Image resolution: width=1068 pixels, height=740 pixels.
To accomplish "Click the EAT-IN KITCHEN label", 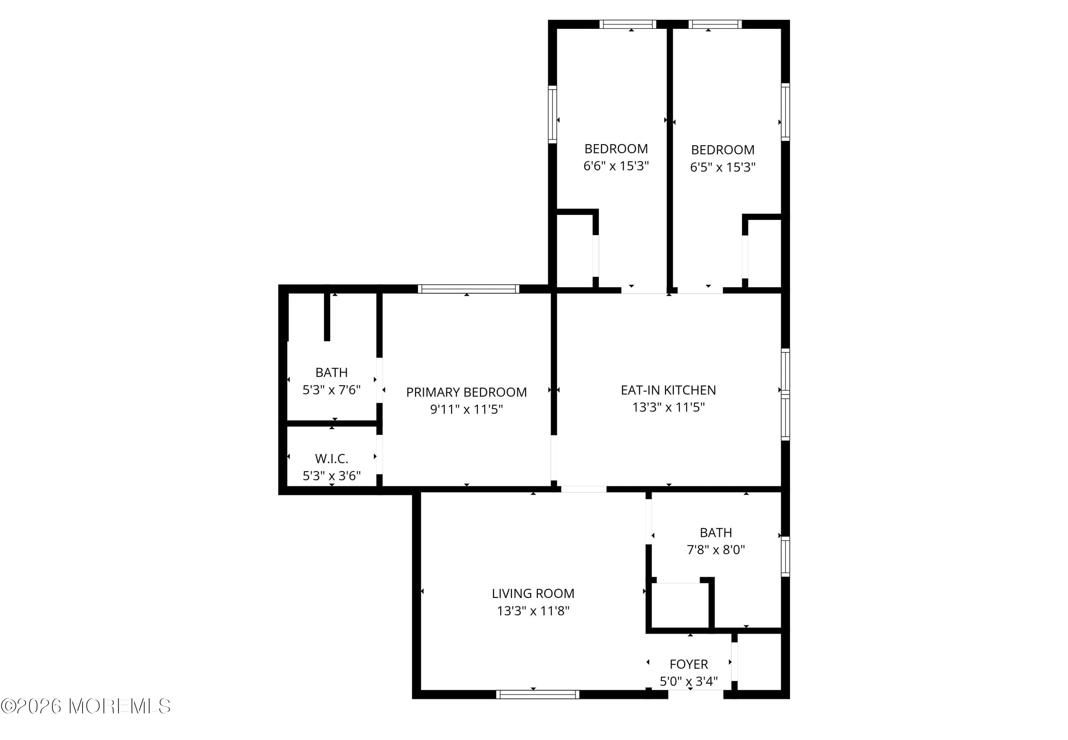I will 668,390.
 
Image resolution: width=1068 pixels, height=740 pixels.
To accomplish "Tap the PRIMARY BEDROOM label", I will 466,392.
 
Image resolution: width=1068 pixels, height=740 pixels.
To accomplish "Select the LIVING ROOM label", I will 533,593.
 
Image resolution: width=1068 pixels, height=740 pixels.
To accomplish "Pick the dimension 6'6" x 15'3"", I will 616,166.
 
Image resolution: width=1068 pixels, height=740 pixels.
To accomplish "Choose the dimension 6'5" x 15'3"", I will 723,167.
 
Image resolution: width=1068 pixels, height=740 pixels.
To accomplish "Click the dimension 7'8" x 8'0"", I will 716,550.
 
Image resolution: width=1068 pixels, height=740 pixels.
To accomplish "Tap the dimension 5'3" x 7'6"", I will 331,390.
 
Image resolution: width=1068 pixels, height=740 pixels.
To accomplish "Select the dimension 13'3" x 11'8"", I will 533,611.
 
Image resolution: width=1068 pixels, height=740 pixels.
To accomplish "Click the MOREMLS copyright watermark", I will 86,707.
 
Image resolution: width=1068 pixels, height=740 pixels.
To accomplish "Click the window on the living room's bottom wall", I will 538,694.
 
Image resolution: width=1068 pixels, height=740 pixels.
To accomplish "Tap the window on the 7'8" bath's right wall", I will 785,556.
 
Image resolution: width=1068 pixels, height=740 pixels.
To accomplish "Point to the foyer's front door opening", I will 696,694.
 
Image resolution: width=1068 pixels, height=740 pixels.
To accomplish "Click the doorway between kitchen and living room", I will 583,489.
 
